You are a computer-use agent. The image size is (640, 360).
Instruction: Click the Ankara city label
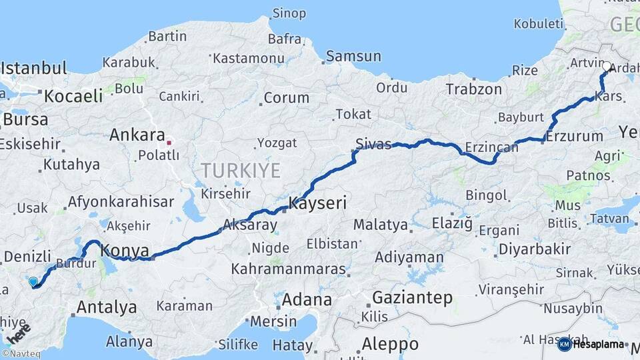pos(137,135)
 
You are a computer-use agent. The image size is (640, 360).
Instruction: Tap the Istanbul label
pos(34,68)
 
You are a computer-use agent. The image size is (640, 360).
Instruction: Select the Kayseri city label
pos(317,203)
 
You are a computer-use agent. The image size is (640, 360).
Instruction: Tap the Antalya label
pos(107,307)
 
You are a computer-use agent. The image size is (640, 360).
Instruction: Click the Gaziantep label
pos(412,297)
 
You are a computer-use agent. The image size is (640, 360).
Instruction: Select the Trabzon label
pos(473,89)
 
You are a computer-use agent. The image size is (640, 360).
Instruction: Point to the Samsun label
pos(353,57)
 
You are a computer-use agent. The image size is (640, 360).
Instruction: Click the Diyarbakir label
pos(533,249)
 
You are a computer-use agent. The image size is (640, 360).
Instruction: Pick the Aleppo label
pos(390,344)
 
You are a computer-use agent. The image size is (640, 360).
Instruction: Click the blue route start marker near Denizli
pos(33,282)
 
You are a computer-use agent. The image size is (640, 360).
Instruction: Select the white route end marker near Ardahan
pos(607,67)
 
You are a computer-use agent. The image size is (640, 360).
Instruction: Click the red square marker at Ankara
pos(169,142)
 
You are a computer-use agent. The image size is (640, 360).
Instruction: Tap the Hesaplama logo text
pos(599,344)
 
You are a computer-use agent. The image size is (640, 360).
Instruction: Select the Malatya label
pos(380,225)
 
